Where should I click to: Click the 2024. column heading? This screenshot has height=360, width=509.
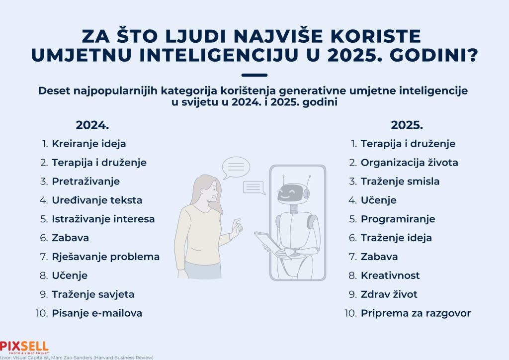click(92, 125)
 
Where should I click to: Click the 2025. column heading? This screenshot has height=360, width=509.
click(407, 125)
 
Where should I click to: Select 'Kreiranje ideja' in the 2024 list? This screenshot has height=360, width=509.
click(89, 144)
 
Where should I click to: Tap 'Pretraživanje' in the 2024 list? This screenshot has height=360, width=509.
click(85, 181)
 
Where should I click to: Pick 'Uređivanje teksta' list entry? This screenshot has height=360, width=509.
click(97, 200)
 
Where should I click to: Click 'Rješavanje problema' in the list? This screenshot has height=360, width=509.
click(106, 257)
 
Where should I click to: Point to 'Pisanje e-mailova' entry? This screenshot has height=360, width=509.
click(97, 313)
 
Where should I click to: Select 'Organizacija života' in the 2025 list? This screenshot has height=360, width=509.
click(410, 163)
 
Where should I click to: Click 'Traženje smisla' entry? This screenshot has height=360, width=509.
click(400, 181)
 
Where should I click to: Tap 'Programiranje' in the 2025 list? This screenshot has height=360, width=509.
click(398, 219)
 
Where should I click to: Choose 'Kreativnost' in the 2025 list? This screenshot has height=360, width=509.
click(390, 275)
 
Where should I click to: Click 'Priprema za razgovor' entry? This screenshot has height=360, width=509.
click(416, 313)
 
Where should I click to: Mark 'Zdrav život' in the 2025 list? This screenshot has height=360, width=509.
click(389, 294)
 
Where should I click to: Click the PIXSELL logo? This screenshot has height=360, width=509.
click(24, 348)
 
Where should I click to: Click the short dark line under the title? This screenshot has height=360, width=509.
click(254, 75)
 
